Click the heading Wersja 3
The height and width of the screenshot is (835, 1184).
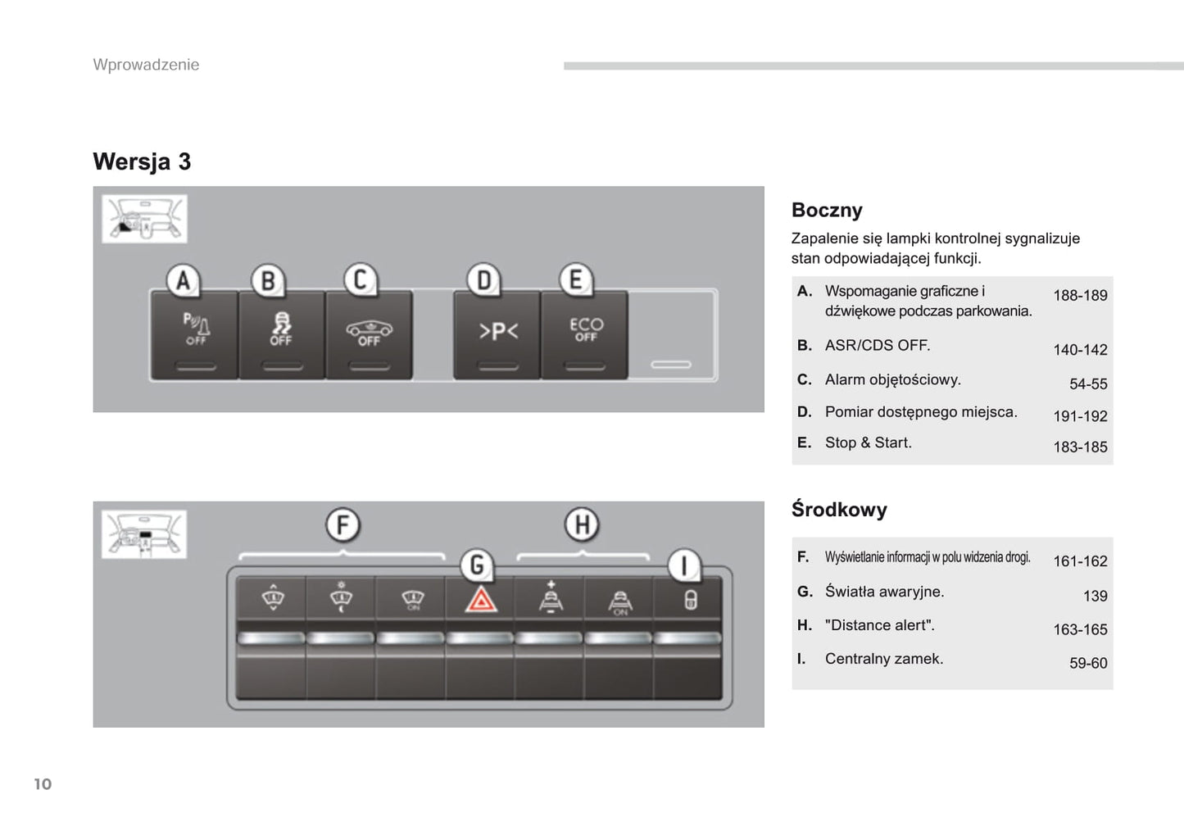coord(142,161)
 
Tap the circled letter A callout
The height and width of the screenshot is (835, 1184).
coord(184,281)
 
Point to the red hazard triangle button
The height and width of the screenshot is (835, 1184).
coord(480,601)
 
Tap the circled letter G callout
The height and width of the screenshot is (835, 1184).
coord(477,565)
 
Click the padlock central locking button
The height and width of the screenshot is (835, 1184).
coord(690,600)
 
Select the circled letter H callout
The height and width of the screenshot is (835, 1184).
coord(582,524)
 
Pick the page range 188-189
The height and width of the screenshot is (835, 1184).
coord(1080,295)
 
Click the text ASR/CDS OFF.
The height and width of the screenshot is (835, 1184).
coord(878,345)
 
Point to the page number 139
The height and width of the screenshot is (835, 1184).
coord(1095,596)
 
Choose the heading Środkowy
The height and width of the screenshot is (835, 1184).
coord(839,510)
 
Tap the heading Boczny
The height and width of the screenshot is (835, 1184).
coord(827,211)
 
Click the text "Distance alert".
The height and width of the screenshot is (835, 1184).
coord(879,625)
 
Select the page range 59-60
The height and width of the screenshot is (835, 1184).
coord(1087,663)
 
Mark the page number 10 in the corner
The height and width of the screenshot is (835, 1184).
coord(43,784)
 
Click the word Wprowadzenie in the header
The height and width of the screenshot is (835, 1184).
coord(146,65)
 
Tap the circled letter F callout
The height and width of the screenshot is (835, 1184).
coord(342,524)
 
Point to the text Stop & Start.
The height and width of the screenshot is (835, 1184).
coord(868,442)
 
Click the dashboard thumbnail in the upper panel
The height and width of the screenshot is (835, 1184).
coord(144,219)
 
